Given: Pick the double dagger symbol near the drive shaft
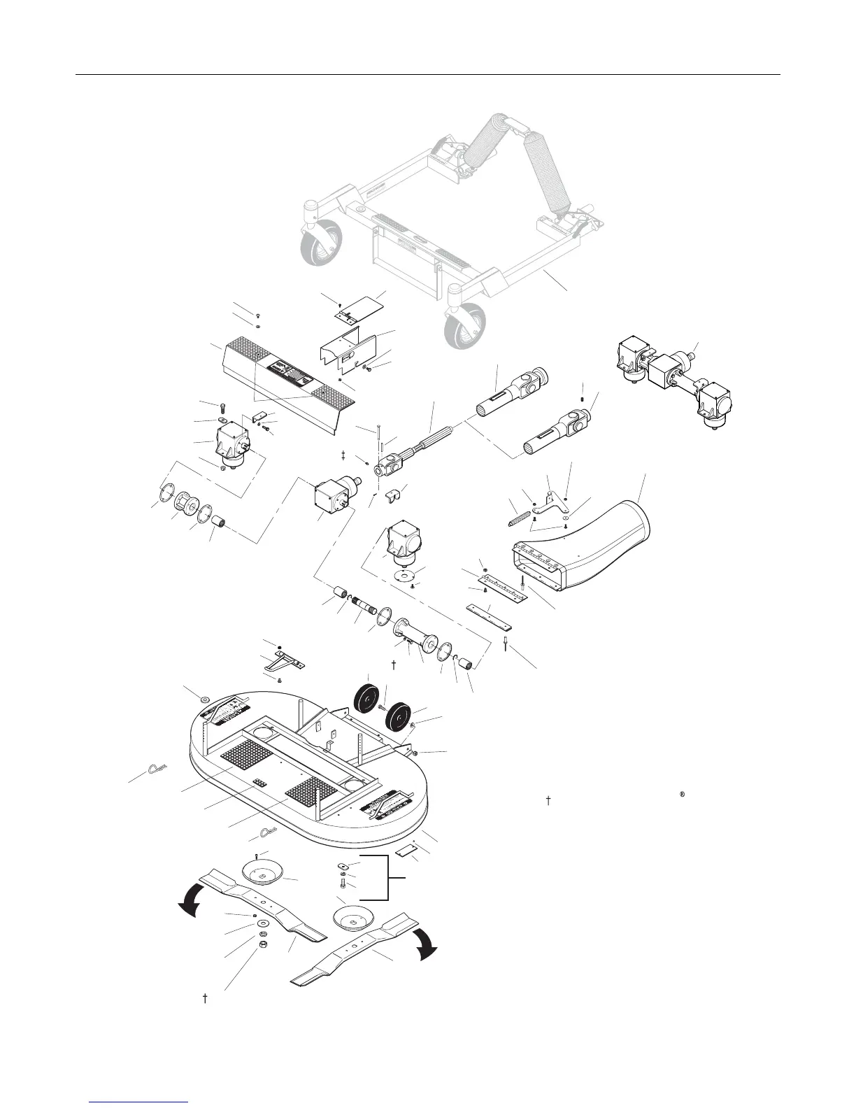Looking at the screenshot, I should pos(343,455).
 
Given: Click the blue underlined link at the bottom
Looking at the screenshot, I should pos(139,1103).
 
